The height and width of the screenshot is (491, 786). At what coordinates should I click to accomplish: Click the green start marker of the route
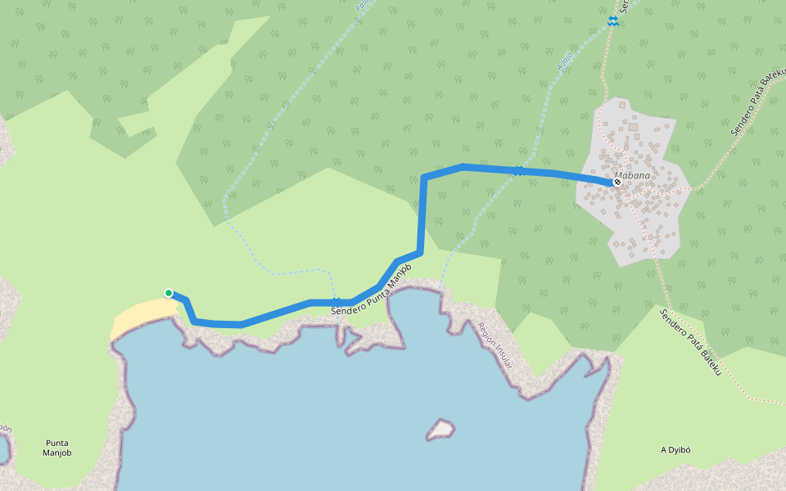169,293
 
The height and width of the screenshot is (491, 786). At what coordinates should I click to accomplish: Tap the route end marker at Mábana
617,182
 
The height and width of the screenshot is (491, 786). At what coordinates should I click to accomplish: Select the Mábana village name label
632,175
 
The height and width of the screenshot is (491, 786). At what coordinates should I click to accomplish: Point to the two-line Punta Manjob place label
57,448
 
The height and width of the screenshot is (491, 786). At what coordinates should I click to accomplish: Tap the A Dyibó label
676,450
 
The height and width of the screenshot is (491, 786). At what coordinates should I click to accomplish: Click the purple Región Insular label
495,345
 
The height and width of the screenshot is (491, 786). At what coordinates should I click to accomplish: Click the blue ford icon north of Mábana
612,20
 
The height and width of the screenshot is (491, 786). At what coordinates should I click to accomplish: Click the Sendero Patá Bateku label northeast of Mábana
758,101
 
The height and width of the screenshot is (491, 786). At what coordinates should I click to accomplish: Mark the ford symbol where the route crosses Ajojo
519,169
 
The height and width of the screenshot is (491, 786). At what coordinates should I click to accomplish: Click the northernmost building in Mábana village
623,105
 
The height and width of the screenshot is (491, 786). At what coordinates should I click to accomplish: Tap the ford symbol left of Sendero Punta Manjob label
336,302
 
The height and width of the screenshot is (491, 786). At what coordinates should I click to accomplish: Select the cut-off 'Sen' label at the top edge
624,6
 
